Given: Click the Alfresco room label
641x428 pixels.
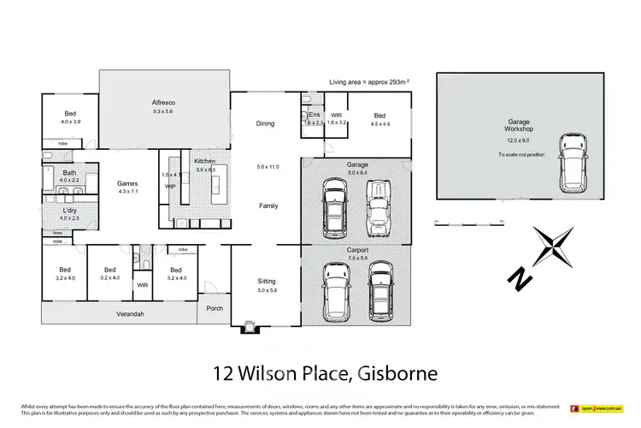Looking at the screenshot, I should (163, 102).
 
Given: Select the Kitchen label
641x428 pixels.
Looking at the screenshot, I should (203, 161).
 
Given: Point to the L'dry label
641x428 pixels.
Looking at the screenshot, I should (70, 210).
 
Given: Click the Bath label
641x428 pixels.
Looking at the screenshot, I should (68, 173).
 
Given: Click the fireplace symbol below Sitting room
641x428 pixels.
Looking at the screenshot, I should (249, 325).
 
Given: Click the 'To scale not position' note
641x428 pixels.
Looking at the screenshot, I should (521, 155).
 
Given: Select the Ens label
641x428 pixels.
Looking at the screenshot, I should (314, 115).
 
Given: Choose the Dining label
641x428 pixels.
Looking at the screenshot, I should (266, 124).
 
